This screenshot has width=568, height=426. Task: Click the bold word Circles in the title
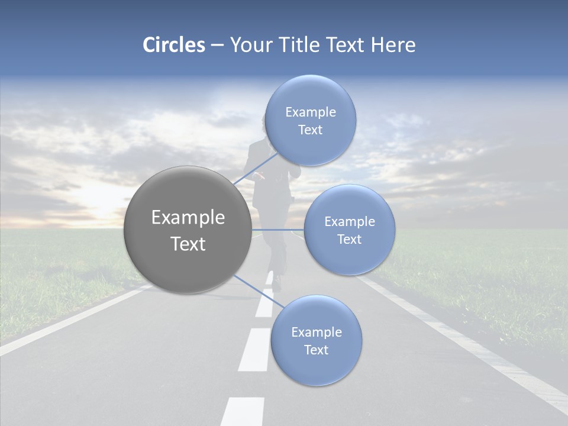click(x=174, y=45)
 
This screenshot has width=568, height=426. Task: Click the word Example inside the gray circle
click(x=188, y=218)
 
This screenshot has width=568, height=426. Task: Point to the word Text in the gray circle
click(x=188, y=244)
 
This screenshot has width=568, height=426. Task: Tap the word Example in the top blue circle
click(x=310, y=112)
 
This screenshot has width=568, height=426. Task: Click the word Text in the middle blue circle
click(x=349, y=239)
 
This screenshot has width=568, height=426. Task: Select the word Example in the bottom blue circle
click(x=316, y=332)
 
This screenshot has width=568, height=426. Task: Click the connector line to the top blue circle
click(x=256, y=169)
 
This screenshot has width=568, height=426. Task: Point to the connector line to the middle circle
click(x=278, y=230)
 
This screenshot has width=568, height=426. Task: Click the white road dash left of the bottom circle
click(x=256, y=349)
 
